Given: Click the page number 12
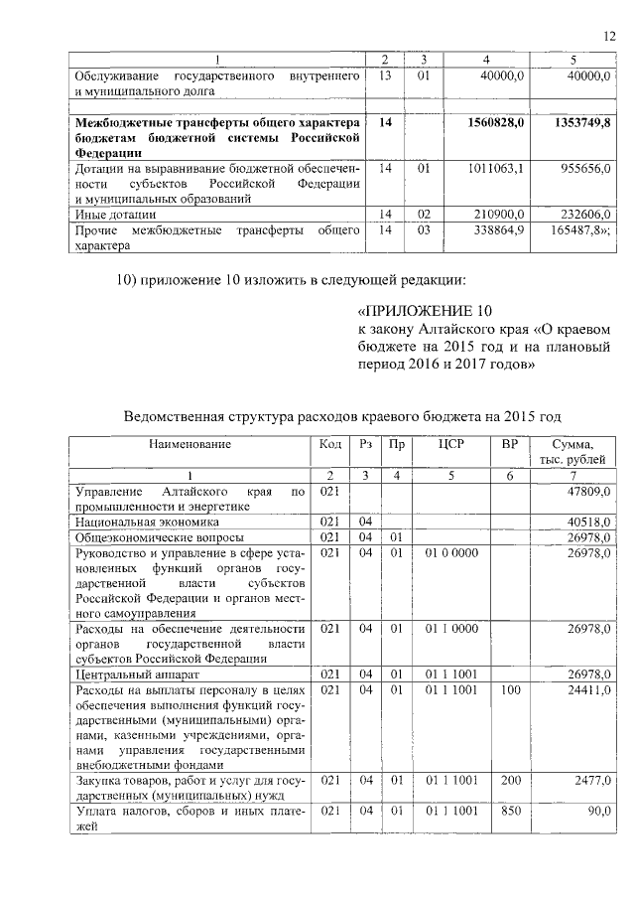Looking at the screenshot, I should click(610, 38).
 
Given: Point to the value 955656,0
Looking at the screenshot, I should click(583, 169).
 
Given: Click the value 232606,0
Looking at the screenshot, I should click(586, 214).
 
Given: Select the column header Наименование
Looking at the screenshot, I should click(190, 444).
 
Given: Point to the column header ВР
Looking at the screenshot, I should click(510, 444).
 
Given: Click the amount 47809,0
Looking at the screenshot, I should click(589, 492).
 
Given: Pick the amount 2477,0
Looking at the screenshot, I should click(592, 782).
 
